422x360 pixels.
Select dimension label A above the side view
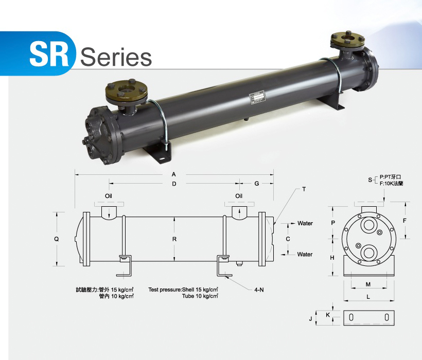coord(174,175)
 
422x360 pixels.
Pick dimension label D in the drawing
coord(174,184)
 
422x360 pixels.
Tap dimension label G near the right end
coord(256,184)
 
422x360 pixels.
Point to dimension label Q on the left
coord(57,239)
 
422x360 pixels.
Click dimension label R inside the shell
coord(174,239)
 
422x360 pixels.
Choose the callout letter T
coord(304,189)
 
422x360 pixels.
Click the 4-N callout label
coord(258,290)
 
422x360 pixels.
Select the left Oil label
coord(109,196)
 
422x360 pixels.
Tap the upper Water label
coord(305,224)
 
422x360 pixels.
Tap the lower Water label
coord(305,254)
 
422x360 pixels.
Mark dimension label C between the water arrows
coord(288,239)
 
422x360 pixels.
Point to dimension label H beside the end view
coord(332,257)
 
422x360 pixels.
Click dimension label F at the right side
coord(405,221)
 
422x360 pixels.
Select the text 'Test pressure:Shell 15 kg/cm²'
coord(183,290)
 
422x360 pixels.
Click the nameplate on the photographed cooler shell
coord(257,98)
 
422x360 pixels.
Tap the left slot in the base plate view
coord(351,318)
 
